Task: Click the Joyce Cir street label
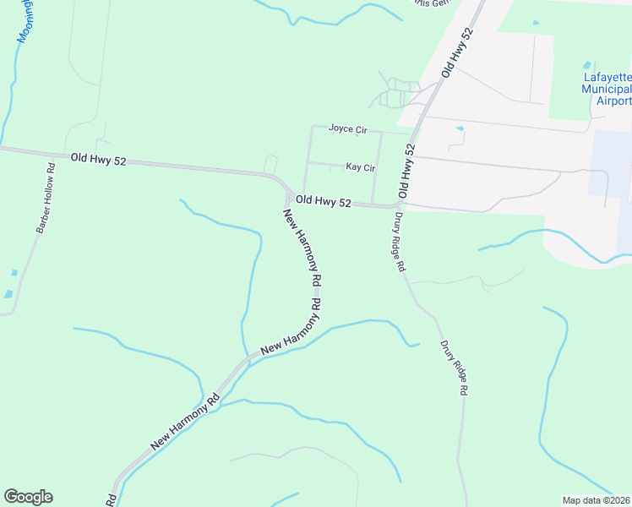point(348,129)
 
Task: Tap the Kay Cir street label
point(360,167)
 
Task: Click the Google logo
point(28,497)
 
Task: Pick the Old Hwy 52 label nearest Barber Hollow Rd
point(98,158)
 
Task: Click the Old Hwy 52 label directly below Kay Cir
point(324,201)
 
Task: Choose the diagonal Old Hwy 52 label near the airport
point(457,52)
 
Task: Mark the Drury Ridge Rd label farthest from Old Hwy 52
point(453,369)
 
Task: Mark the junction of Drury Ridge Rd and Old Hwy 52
point(397,205)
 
